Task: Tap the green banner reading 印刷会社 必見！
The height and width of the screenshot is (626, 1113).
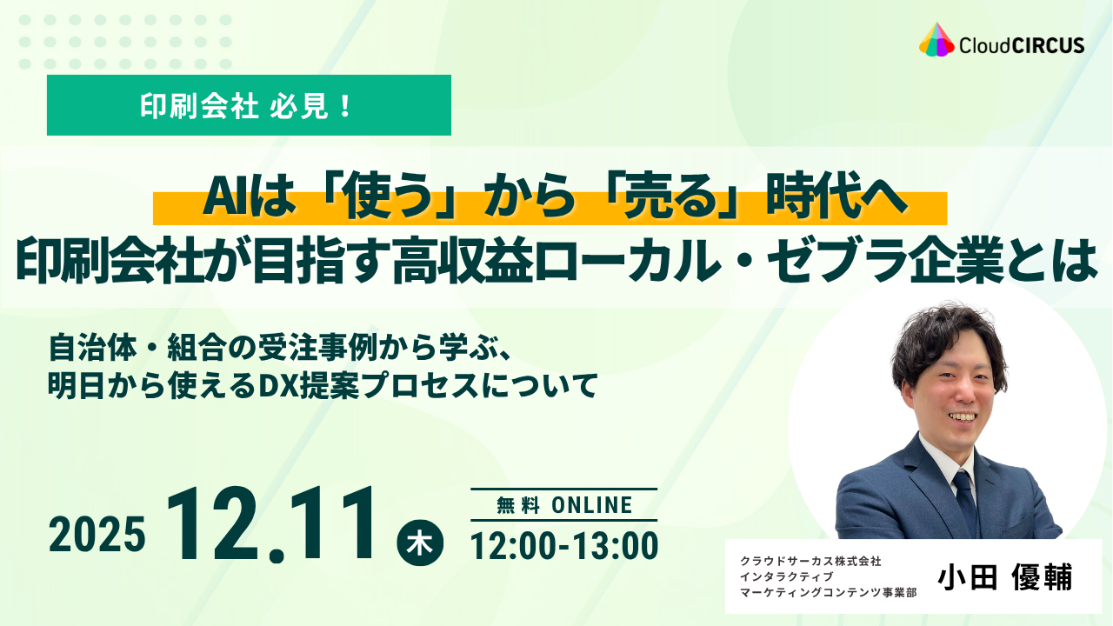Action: pos(249,105)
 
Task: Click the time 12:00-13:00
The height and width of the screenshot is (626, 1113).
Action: pos(564,546)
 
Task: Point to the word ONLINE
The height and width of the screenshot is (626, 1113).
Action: pos(592,505)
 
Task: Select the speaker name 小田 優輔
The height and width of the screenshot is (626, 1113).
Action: pos(1005,577)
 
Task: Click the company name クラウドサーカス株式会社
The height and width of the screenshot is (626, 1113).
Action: pos(811,562)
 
